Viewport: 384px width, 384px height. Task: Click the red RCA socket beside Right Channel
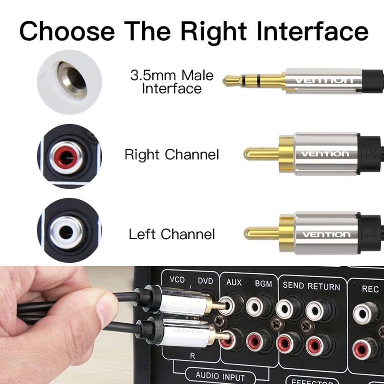point(66,157)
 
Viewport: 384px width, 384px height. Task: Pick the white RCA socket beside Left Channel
point(66,232)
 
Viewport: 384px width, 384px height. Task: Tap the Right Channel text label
point(172,155)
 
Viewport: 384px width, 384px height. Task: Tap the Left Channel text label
point(172,234)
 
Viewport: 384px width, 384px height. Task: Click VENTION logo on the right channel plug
point(325,154)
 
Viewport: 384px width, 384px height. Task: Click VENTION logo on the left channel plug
point(326,234)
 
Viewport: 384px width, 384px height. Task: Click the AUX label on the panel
point(234,283)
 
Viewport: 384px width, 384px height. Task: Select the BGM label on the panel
point(263,284)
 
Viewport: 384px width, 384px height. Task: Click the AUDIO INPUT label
point(220,374)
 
